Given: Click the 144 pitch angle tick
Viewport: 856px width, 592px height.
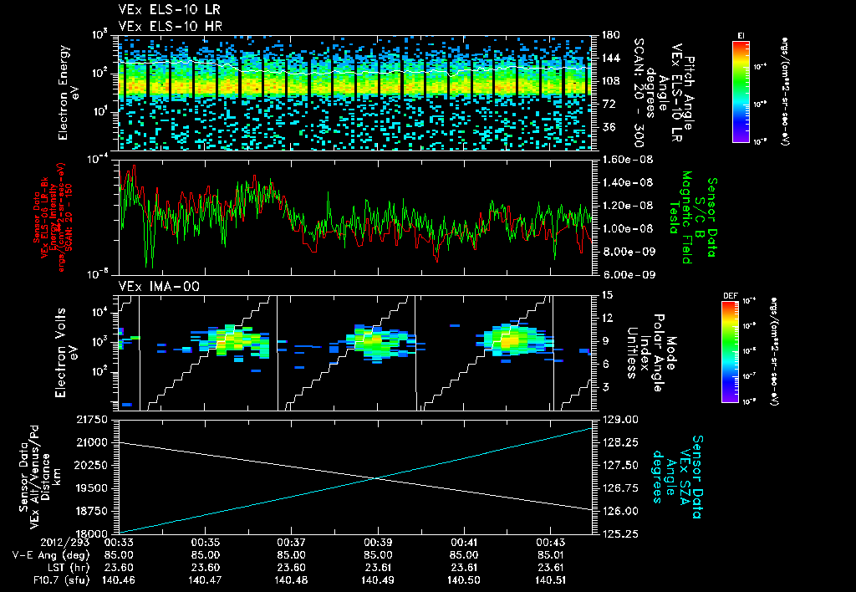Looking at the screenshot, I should tap(604, 59).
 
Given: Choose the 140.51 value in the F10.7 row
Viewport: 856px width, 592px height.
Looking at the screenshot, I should tap(550, 580).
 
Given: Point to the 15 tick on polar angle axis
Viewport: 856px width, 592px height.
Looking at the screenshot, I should tap(602, 294).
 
